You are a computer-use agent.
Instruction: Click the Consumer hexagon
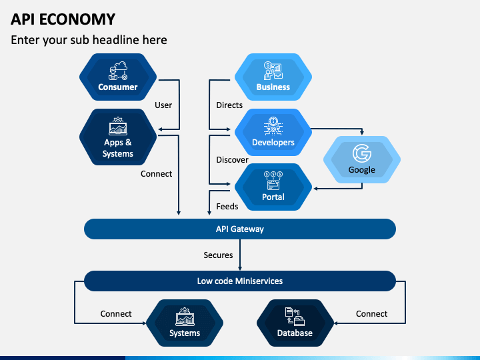pos(118,77)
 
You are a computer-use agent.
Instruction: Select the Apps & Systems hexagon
pos(118,137)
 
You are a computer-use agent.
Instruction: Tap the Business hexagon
pos(273,77)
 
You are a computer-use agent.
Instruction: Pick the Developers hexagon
pos(273,132)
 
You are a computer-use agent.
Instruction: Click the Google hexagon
pos(362,159)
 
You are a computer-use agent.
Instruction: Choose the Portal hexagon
pos(273,187)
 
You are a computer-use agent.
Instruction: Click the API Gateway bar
pos(240,229)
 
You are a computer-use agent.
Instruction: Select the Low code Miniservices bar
pos(240,281)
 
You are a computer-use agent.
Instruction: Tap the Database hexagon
pos(295,323)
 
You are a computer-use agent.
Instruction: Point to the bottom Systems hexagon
pos(185,323)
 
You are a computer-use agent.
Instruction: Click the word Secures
pos(218,255)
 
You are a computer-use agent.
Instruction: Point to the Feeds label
pos(227,206)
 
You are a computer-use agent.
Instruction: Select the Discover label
pos(233,160)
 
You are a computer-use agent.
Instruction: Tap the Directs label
pos(229,105)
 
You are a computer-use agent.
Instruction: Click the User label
pos(163,105)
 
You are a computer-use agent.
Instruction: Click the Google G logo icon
pos(362,153)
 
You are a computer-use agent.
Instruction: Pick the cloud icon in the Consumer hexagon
pos(121,66)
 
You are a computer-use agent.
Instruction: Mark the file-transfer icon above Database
pos(295,317)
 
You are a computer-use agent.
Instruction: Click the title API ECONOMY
pos(63,19)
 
